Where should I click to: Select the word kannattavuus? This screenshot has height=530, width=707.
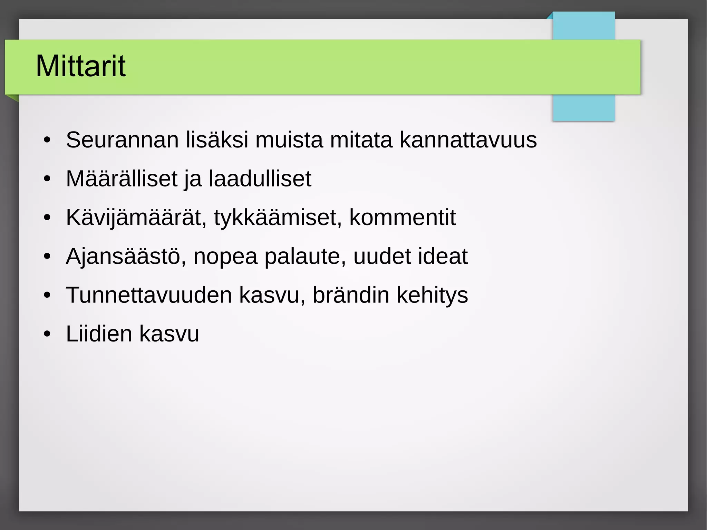468,140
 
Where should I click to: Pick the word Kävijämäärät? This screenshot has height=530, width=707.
136,218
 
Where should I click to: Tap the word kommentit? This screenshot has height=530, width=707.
403,218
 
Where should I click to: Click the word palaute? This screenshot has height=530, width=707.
305,256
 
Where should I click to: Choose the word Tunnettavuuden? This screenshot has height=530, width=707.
149,295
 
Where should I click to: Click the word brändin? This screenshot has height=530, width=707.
351,295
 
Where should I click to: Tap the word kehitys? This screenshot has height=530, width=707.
432,295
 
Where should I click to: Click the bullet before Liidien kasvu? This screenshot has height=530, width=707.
47,334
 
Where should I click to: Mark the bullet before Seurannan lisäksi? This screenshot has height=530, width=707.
47,140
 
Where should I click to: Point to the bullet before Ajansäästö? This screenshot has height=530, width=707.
47,257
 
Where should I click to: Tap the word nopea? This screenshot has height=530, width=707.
225,256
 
